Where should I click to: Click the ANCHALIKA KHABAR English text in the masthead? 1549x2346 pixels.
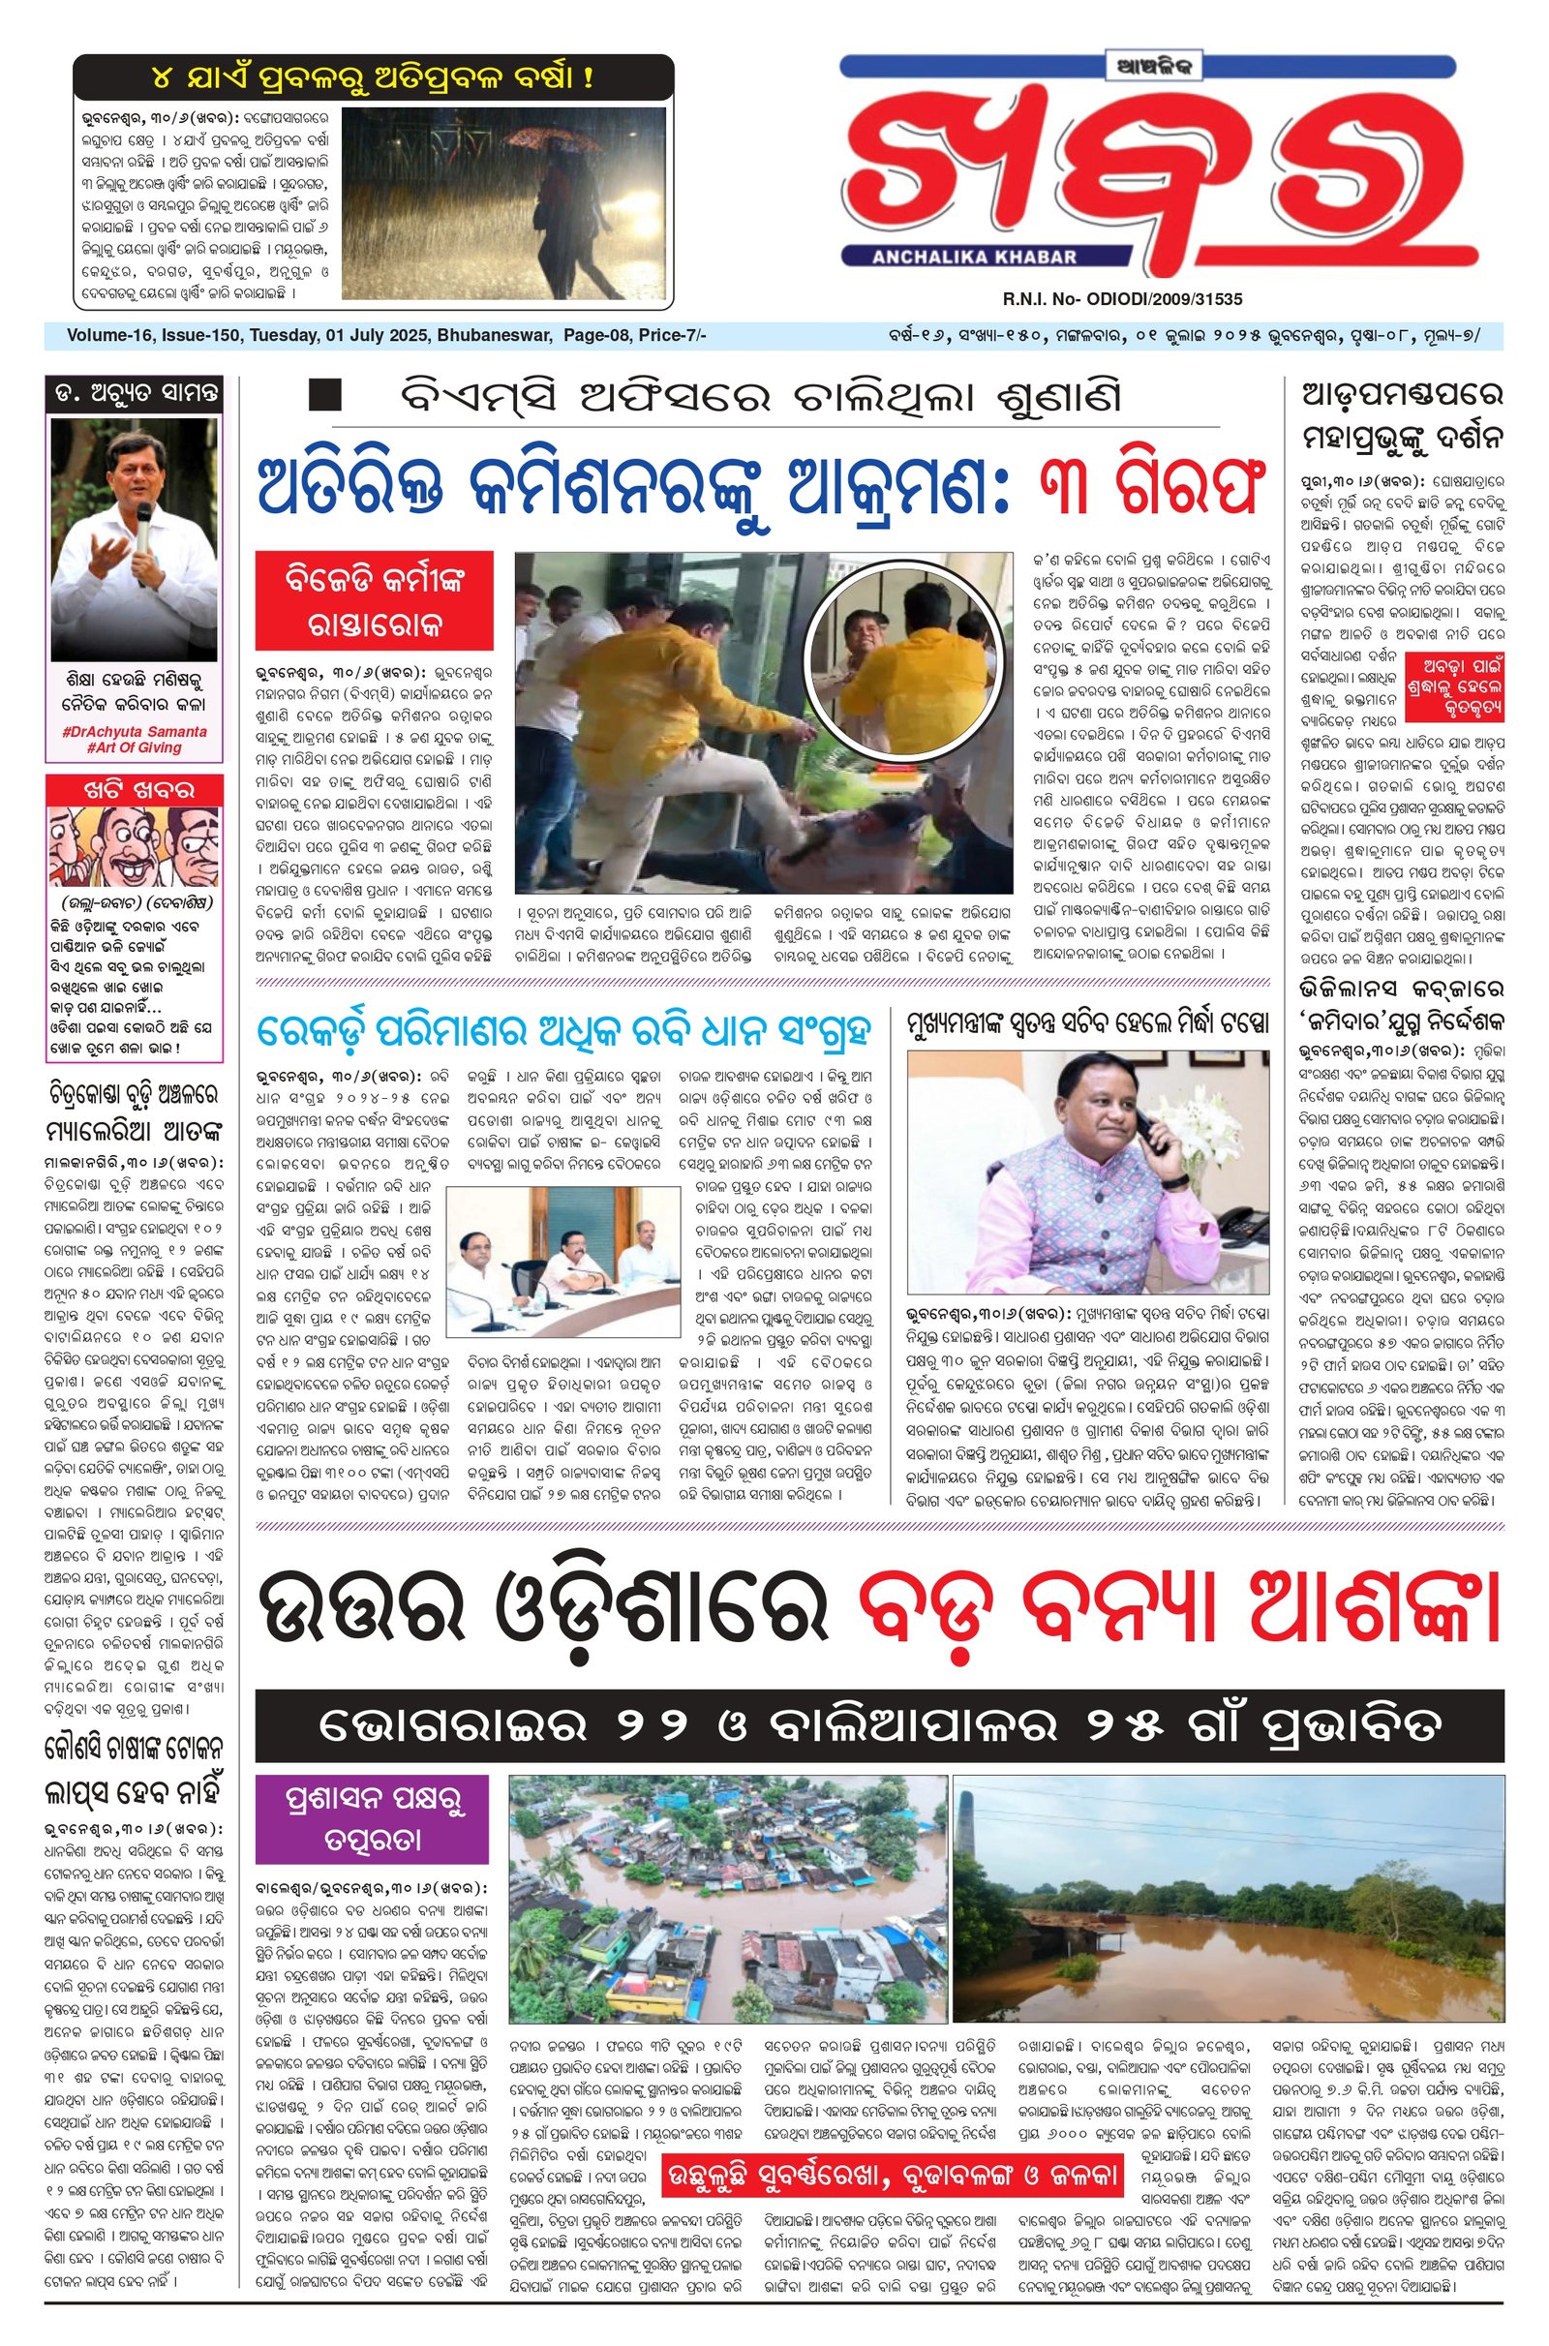tap(974, 257)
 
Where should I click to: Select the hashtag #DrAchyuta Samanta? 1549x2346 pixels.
tap(135, 732)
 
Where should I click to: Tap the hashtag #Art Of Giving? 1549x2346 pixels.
tap(135, 747)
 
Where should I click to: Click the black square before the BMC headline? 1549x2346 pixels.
tap(325, 395)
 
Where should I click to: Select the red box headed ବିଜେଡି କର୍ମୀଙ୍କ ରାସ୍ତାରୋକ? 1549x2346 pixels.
tap(375, 599)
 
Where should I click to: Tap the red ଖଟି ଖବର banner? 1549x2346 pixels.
tap(136, 789)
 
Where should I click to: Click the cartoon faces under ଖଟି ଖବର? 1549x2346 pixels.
tap(135, 846)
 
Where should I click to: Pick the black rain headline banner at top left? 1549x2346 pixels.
tap(374, 77)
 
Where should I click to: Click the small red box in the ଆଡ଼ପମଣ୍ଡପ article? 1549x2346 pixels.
tap(1456, 673)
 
